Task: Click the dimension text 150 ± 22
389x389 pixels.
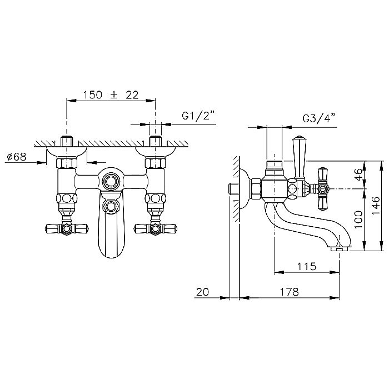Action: (x=111, y=95)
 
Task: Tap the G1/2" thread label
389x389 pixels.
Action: (x=198, y=115)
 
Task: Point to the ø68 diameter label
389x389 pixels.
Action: (x=17, y=157)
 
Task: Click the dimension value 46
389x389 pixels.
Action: (x=358, y=174)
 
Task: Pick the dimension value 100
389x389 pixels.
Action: (x=358, y=220)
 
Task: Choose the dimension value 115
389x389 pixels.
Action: (x=307, y=266)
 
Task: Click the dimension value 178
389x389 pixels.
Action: (x=290, y=292)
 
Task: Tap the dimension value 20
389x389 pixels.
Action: (x=203, y=292)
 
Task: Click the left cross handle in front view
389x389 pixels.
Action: (x=67, y=228)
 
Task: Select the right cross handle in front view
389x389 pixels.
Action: (x=155, y=228)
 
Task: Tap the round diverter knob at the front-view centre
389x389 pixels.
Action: (x=111, y=181)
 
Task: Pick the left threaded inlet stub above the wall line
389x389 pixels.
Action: (x=67, y=141)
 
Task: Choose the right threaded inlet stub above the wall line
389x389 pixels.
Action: (x=155, y=141)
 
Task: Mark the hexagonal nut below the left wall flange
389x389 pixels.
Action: (x=67, y=163)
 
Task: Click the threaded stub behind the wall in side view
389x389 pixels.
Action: (x=235, y=189)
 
